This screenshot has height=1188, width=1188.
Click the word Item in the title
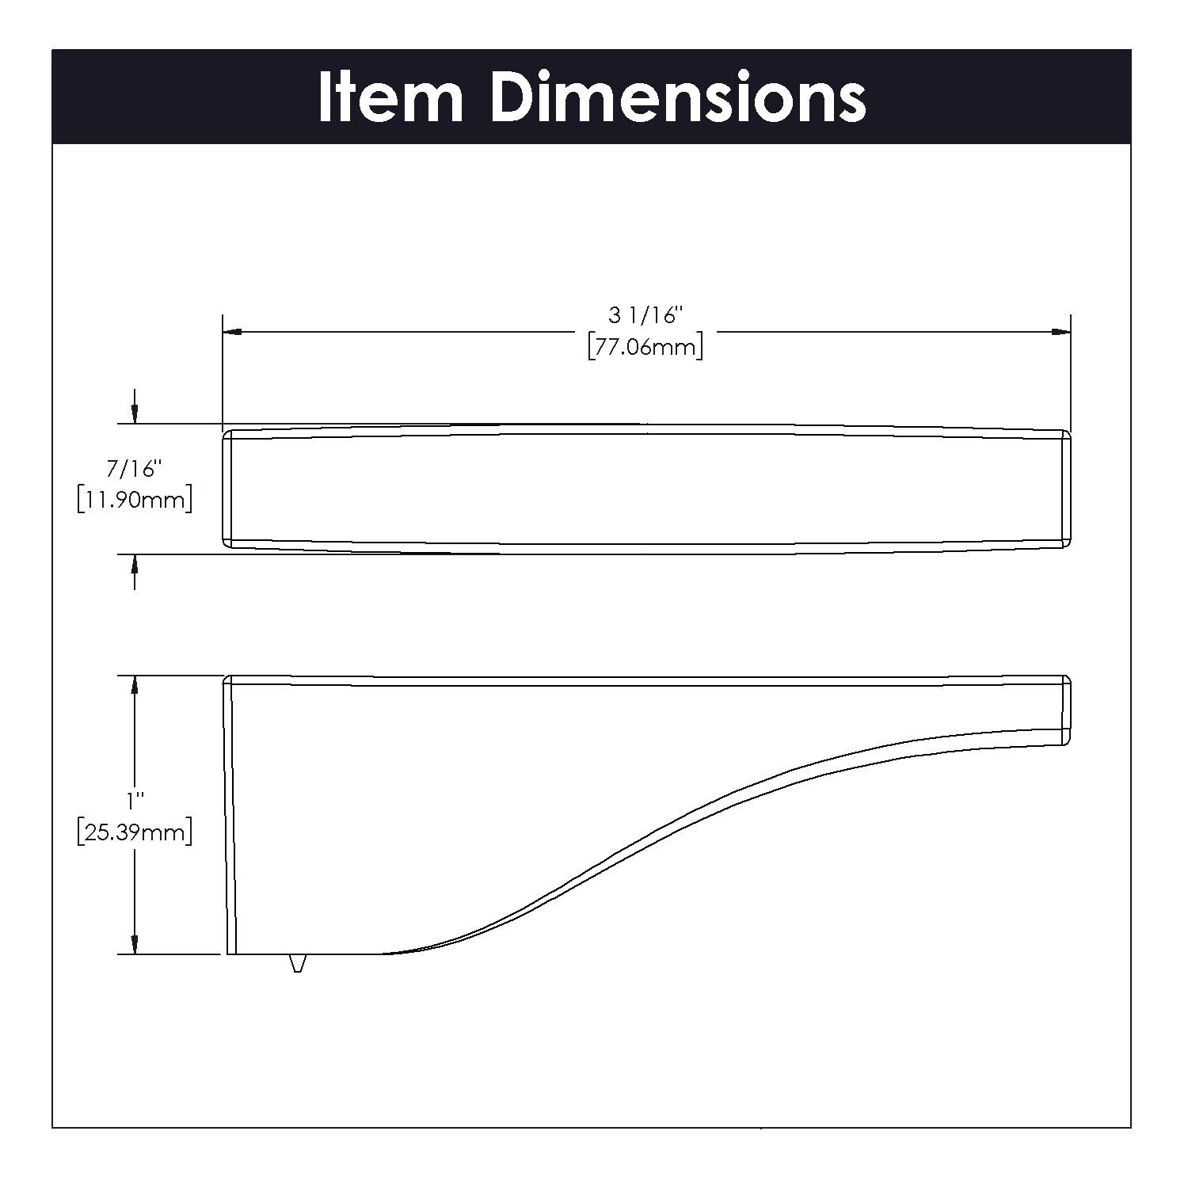pos(390,97)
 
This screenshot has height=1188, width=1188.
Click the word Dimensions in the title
pos(678,97)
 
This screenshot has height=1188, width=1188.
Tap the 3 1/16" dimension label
pos(645,315)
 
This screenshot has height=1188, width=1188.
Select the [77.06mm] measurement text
pos(645,347)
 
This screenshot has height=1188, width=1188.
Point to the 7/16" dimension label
pos(135,469)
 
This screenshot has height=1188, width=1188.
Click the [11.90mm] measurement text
pos(135,501)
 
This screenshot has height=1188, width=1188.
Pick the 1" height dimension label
pos(135,800)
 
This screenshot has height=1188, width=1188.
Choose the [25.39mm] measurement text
pos(135,833)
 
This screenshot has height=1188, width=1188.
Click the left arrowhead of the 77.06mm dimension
pos(232,333)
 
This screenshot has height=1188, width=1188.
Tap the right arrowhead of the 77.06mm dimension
pos(1061,333)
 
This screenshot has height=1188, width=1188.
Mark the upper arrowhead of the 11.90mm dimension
pos(135,413)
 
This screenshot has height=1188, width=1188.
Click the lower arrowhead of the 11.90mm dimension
pos(135,564)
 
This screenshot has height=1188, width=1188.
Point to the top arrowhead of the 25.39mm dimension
pos(135,686)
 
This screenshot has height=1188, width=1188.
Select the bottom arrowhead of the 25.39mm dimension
pos(135,943)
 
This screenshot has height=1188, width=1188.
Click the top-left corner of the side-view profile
pos(228,680)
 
